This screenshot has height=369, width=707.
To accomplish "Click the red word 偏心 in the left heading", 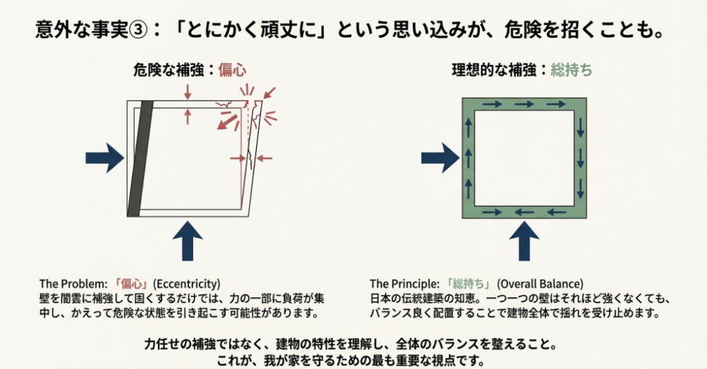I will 233,70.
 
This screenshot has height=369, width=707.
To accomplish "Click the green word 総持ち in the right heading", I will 571,70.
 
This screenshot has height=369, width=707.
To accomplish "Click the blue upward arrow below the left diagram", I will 186,238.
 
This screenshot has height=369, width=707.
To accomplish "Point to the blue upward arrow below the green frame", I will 524,238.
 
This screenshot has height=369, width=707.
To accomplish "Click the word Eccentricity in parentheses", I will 186,283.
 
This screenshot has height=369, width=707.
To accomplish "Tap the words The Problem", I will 68,283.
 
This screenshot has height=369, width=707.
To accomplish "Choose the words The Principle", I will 404,283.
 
